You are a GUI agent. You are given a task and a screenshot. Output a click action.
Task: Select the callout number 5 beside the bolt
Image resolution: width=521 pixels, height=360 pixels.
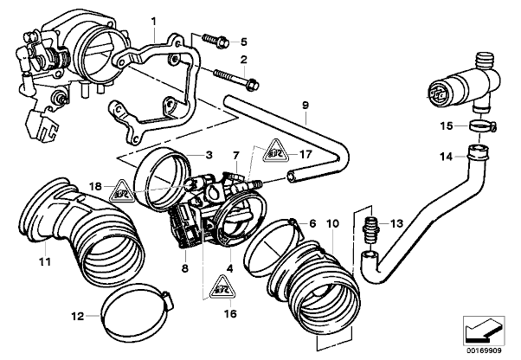(244, 41)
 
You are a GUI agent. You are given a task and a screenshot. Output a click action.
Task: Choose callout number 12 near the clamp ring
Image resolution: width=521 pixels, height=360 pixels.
(77, 316)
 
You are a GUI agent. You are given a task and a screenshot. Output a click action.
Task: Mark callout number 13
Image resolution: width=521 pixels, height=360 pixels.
(398, 222)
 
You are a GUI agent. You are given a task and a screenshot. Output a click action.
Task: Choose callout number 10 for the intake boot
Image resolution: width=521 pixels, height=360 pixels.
(331, 223)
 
